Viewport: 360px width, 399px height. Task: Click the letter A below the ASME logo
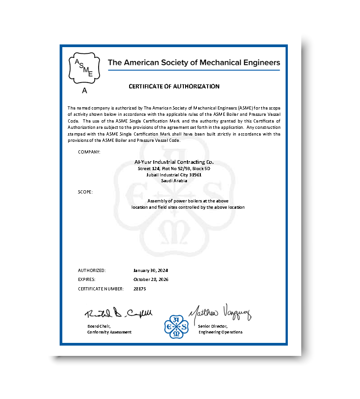tap(84, 91)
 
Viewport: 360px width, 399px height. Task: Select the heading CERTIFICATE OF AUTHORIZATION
tap(174, 87)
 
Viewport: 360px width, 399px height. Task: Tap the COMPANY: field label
tap(89, 152)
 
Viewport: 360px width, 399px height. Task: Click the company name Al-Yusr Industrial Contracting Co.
tap(174, 162)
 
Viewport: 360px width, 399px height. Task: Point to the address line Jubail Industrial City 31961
tap(174, 175)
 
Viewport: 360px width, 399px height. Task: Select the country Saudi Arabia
tap(174, 180)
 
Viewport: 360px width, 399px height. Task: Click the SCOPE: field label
tap(85, 192)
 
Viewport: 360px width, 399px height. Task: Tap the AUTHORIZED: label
tap(92, 271)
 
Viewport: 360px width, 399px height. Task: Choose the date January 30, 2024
tap(150, 271)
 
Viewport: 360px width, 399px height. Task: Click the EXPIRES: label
tap(87, 280)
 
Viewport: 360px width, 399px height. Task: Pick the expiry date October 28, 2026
tap(151, 280)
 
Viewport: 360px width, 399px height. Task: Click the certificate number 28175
tap(140, 289)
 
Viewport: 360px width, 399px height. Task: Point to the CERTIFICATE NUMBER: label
tap(101, 289)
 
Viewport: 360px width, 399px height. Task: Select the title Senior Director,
tap(213, 325)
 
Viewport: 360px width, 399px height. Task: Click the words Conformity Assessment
tap(109, 332)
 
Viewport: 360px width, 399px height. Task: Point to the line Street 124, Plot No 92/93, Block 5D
tap(174, 168)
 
